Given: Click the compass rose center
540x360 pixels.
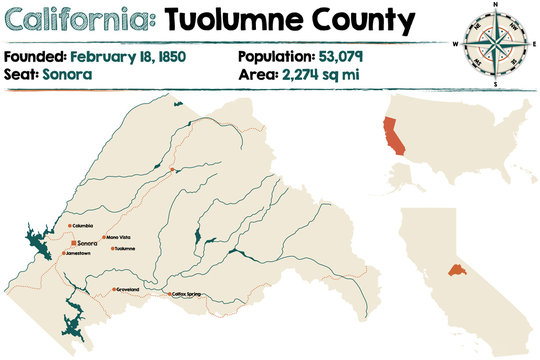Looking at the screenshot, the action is [x=489, y=42].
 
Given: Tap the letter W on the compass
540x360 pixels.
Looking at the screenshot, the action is [x=456, y=43].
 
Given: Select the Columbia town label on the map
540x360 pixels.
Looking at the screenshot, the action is [x=89, y=227].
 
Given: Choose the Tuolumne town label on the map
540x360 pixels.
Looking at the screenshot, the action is [x=125, y=248].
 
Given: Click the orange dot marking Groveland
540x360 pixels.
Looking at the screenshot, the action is [x=113, y=290].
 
